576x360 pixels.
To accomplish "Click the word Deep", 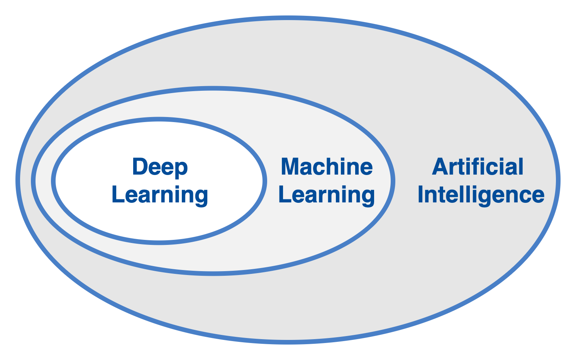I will click(160, 167).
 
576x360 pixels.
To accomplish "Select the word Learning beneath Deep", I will click(160, 195).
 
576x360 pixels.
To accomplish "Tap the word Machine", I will click(327, 167).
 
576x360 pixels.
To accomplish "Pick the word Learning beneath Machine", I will click(327, 195).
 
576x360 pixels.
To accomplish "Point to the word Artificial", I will click(478, 167).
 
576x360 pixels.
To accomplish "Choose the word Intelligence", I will click(481, 195).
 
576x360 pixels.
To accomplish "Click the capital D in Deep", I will click(140, 167).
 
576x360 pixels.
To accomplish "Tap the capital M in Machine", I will click(290, 167).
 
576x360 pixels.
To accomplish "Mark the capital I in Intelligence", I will click(421, 195).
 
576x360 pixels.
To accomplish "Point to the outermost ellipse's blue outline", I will click(288, 18).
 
